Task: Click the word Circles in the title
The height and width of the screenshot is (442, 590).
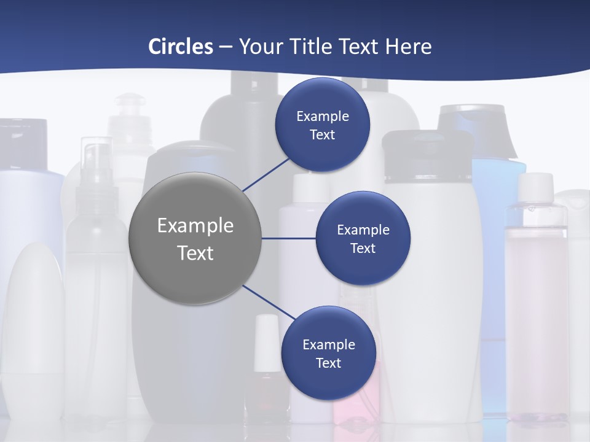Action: click(181, 47)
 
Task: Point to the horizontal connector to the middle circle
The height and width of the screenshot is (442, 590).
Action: click(289, 238)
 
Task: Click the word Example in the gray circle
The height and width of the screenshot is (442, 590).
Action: click(195, 226)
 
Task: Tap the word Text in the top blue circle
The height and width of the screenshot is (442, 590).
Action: click(323, 135)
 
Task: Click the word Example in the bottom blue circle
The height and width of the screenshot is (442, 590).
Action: click(328, 345)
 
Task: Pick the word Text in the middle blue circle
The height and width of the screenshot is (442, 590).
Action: click(363, 249)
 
